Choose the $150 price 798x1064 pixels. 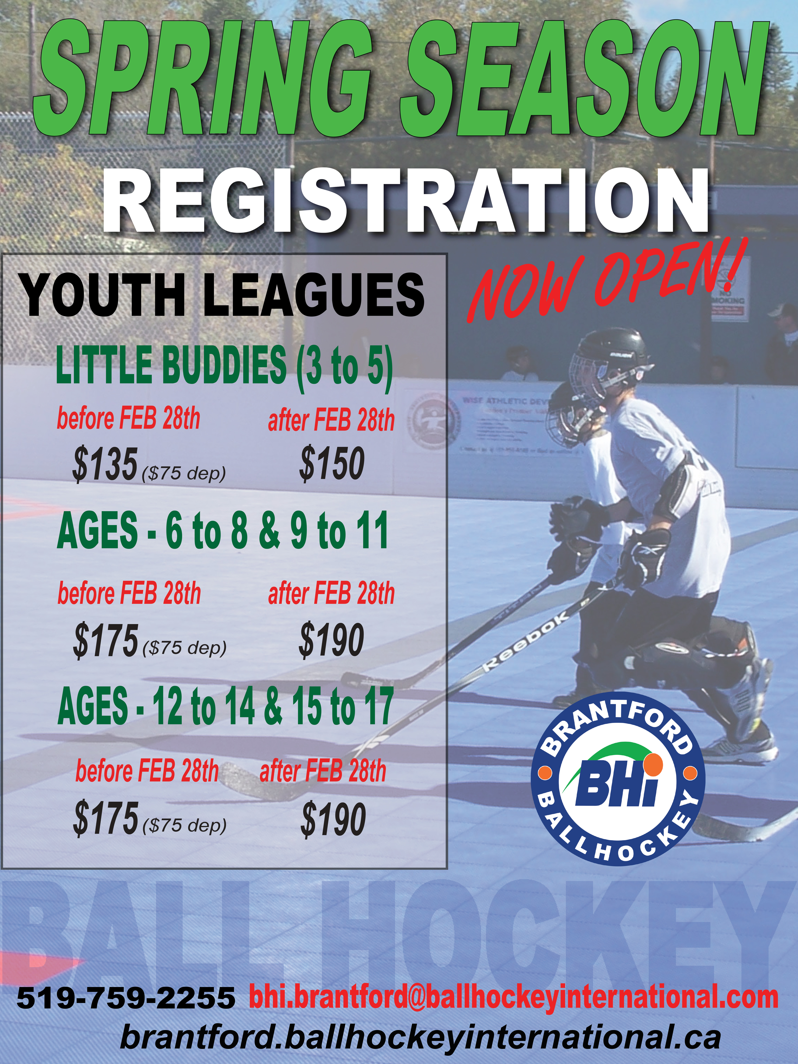click(332, 463)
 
